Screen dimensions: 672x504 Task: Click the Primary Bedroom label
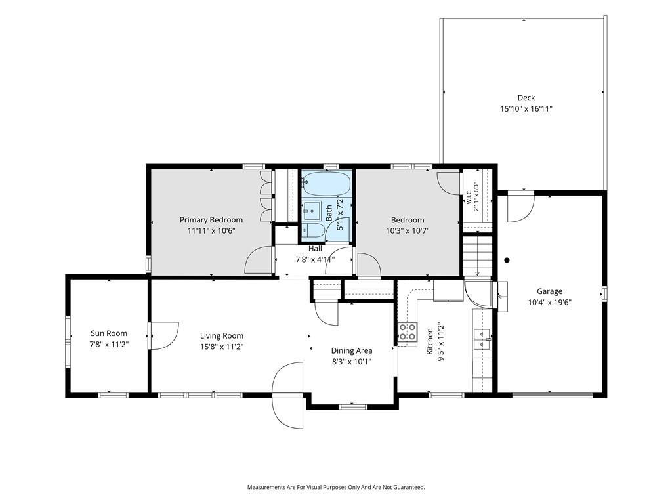[211, 220]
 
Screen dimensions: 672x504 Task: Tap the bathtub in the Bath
[326, 184]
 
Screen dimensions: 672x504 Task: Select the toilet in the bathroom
[313, 230]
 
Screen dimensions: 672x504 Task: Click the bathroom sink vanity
[312, 211]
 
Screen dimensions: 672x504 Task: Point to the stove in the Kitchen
[407, 331]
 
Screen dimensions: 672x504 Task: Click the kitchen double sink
[482, 339]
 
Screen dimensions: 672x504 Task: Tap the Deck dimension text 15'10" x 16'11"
[526, 109]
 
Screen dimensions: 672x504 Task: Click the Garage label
[549, 291]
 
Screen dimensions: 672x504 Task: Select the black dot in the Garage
[507, 260]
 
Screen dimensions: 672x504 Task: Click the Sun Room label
[109, 333]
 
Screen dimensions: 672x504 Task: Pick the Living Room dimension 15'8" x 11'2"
[222, 346]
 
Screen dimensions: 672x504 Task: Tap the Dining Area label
[352, 350]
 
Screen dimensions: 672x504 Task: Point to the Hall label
[315, 249]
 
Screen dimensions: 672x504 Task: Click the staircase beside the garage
[478, 256]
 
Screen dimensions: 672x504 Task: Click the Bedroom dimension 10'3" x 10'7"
[408, 230]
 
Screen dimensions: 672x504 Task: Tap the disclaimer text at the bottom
[336, 488]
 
